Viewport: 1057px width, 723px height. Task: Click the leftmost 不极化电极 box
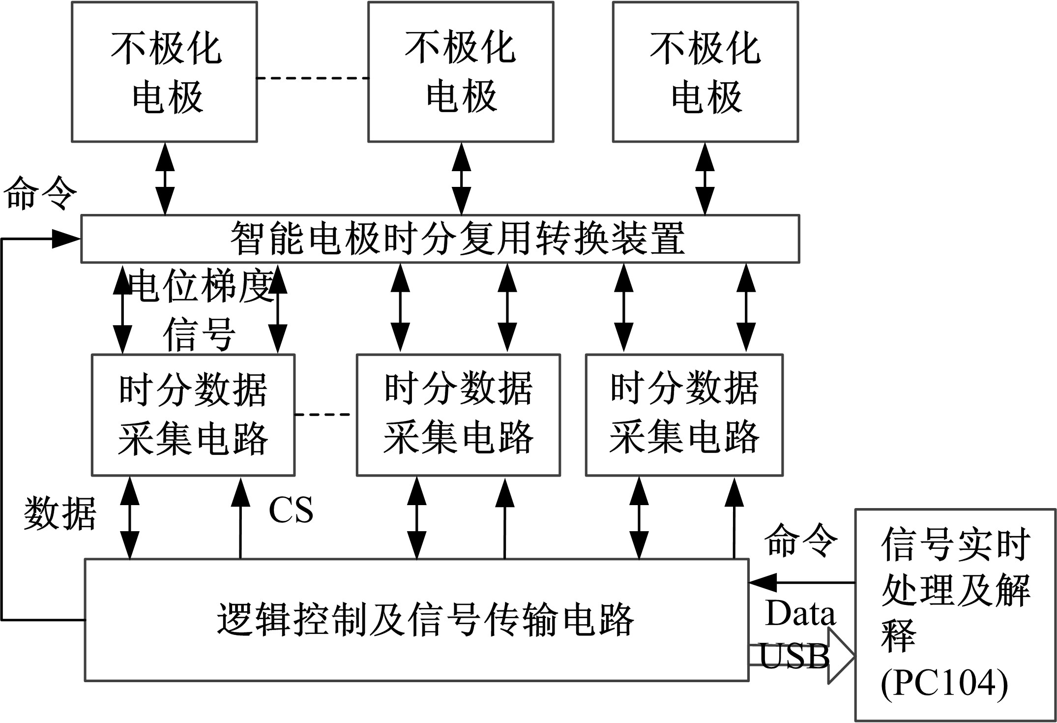[164, 72]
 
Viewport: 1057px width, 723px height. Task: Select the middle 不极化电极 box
[461, 72]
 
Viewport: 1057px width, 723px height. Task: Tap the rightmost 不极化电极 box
[705, 72]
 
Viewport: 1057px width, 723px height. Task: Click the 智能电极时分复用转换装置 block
[440, 239]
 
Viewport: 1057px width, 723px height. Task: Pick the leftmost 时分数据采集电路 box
[193, 415]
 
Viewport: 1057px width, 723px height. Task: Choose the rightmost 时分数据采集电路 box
[684, 415]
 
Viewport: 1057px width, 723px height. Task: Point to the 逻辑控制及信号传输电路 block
[416, 620]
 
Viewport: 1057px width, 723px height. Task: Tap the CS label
[291, 510]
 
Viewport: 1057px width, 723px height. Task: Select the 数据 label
[60, 512]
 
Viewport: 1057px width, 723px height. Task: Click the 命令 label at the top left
[40, 193]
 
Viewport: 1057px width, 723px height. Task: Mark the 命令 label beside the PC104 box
[800, 541]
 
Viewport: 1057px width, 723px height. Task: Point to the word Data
[800, 614]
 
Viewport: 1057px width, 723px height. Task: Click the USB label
[794, 656]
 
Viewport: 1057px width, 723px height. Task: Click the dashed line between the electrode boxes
[313, 78]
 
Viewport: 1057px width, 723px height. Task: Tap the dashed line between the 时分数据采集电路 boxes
[325, 415]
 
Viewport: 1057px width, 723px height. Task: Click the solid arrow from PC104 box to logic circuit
[801, 582]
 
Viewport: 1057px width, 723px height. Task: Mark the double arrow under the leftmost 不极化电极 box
[165, 179]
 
